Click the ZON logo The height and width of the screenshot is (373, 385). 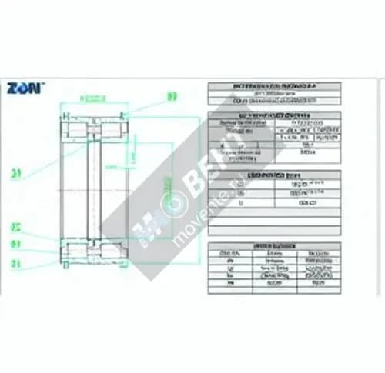25,88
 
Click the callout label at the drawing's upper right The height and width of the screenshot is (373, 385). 172,98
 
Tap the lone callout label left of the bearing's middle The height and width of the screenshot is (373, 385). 15,173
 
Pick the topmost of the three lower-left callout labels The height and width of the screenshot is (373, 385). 15,227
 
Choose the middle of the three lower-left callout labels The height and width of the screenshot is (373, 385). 15,245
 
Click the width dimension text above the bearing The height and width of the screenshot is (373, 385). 94,98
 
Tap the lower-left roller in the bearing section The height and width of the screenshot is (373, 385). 78,251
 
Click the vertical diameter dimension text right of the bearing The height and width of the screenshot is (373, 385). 163,188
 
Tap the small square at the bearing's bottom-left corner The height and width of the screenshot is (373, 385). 67,265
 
